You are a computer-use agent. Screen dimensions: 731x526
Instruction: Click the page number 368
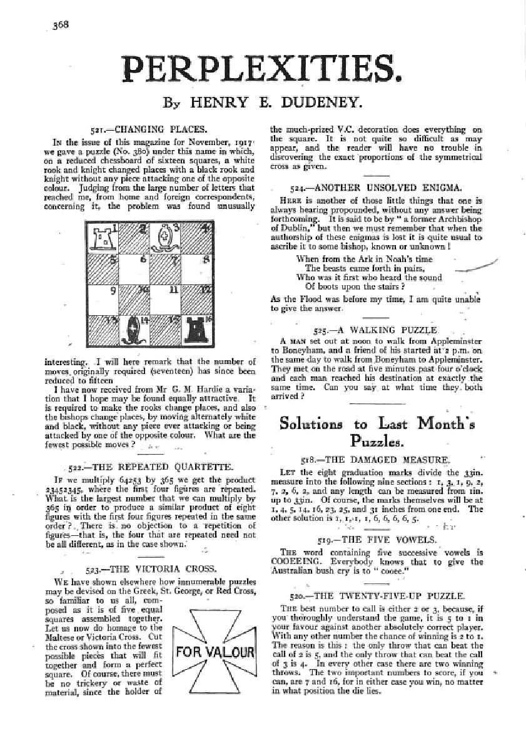pos(60,24)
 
